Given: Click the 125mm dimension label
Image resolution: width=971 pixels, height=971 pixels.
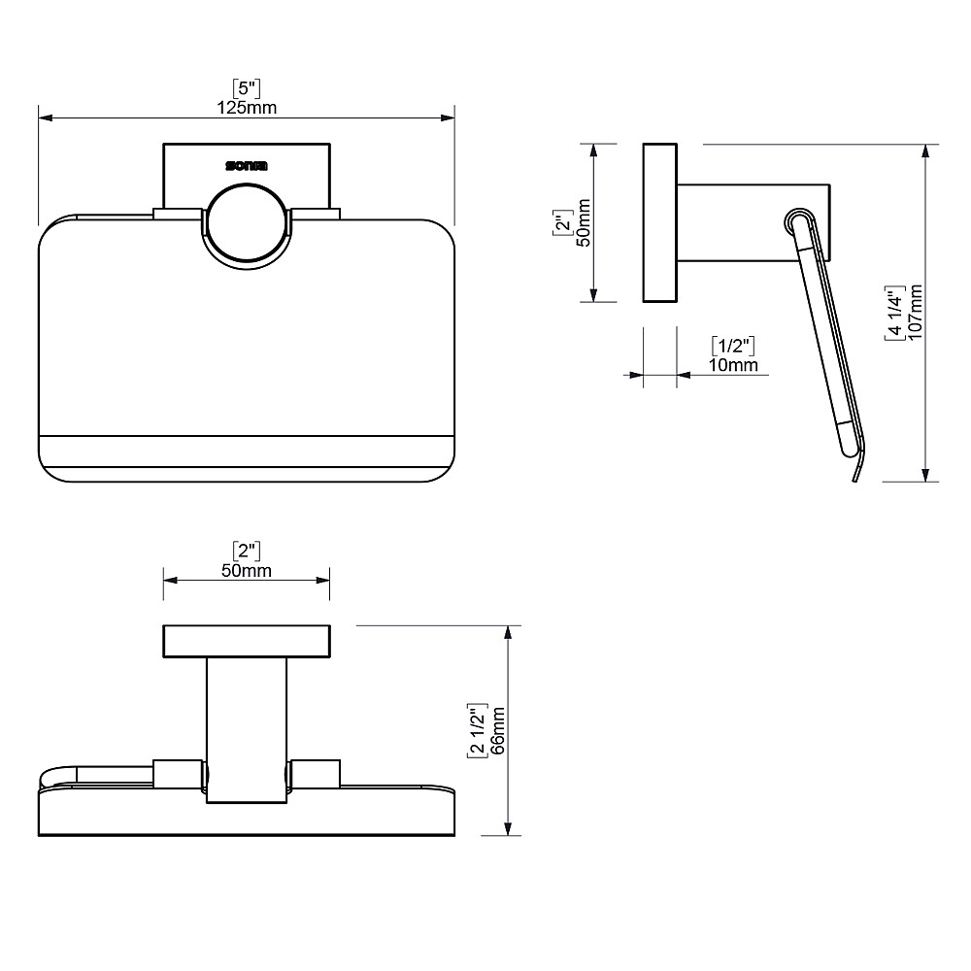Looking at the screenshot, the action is pos(247,108).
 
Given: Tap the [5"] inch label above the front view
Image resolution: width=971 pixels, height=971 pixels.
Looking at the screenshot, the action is pos(247,88).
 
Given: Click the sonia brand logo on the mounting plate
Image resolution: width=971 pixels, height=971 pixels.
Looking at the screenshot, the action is pos(247,166).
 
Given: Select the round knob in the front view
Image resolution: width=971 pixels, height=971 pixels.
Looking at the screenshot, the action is pos(247,225).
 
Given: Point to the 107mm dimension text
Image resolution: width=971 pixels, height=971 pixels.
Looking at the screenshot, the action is pos(916,312).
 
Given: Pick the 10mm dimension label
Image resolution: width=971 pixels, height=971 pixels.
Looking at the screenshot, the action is pos(733,365).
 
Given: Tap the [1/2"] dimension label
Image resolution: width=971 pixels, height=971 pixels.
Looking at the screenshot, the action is pos(733,346).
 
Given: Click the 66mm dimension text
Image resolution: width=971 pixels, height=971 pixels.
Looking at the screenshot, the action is pos(498,731).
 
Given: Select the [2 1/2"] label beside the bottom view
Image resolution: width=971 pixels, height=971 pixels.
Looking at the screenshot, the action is pos(478,731).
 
